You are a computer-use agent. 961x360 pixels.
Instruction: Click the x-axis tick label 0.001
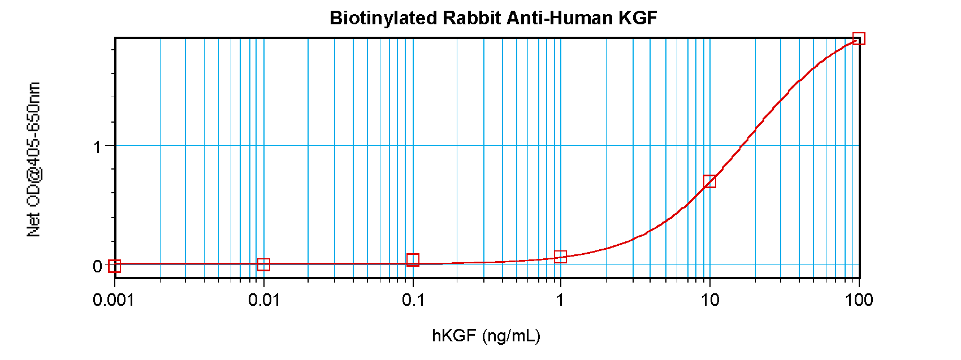(x=114, y=300)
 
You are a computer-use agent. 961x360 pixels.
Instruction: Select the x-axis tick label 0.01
(x=264, y=300)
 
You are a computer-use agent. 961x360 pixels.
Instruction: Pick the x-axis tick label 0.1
(x=413, y=300)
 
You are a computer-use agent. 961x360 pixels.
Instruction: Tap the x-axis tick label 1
(x=560, y=300)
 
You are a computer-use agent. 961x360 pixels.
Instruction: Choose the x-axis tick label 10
(x=710, y=300)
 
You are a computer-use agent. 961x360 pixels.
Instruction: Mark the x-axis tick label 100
(x=859, y=300)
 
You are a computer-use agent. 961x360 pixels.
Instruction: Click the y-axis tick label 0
(x=97, y=266)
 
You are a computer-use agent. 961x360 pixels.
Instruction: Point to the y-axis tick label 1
(x=97, y=147)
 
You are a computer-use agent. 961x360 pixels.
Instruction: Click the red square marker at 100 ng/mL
(x=859, y=39)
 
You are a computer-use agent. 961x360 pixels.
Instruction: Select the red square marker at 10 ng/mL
(x=710, y=181)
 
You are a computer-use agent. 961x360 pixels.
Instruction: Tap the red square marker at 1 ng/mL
(x=560, y=257)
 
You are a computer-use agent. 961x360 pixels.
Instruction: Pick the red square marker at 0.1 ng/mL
(x=413, y=260)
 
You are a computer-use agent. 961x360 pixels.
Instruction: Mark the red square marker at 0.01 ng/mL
(x=263, y=264)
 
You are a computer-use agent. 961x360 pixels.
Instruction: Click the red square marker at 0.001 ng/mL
(x=114, y=266)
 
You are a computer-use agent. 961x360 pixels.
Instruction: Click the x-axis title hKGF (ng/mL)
(x=486, y=336)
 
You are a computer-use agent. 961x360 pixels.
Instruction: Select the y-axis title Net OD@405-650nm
(x=34, y=159)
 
